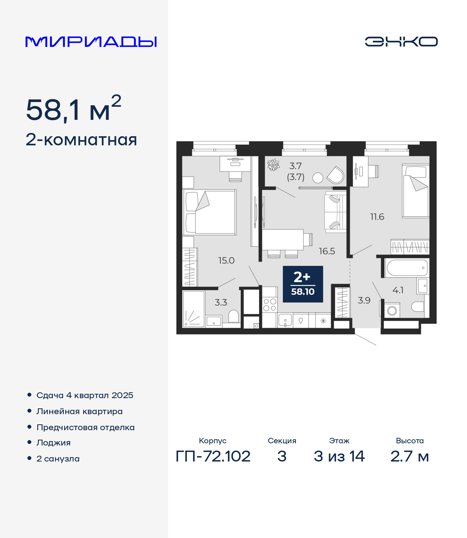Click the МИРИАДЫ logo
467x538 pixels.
pyautogui.click(x=91, y=42)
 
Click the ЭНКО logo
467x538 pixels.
pyautogui.click(x=401, y=42)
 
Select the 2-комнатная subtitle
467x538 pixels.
pyautogui.click(x=81, y=140)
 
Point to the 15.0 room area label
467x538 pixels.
pyautogui.click(x=226, y=260)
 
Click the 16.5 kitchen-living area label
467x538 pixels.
pyautogui.click(x=327, y=251)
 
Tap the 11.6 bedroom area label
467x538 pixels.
pyautogui.click(x=377, y=217)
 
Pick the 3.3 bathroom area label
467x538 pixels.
pyautogui.click(x=221, y=302)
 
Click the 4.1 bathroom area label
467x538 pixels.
pyautogui.click(x=398, y=290)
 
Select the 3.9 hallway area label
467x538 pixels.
pyautogui.click(x=364, y=301)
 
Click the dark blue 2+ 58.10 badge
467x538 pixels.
pyautogui.click(x=303, y=284)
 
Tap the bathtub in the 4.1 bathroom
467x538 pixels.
pyautogui.click(x=407, y=268)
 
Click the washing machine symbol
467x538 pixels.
pyautogui.click(x=392, y=310)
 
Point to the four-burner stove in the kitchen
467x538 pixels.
pyautogui.click(x=270, y=305)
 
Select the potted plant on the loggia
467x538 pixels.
pyautogui.click(x=274, y=165)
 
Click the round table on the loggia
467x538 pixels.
pyautogui.click(x=318, y=178)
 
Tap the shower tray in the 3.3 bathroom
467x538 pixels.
pyautogui.click(x=194, y=309)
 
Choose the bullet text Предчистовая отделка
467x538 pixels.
pyautogui.click(x=85, y=427)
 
